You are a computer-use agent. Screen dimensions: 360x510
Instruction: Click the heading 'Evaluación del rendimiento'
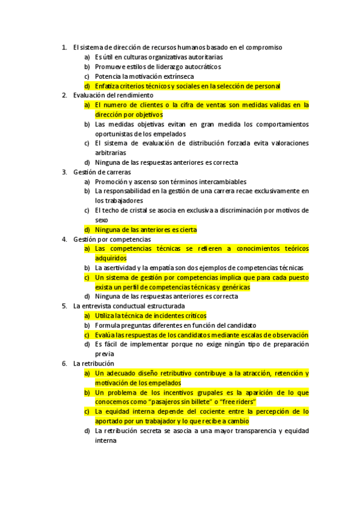coord(113,95)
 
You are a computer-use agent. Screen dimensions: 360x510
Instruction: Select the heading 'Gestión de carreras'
coord(102,172)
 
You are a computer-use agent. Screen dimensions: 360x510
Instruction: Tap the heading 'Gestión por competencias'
coord(112,239)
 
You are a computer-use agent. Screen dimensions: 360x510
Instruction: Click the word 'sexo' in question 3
coord(102,220)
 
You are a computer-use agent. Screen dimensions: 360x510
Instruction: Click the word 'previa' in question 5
coord(104,354)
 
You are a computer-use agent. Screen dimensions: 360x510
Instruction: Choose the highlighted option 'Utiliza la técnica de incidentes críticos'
coord(150,315)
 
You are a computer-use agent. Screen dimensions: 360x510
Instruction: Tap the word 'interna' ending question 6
coord(106,440)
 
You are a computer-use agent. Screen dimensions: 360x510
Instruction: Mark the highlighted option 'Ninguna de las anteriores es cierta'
coord(145,229)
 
